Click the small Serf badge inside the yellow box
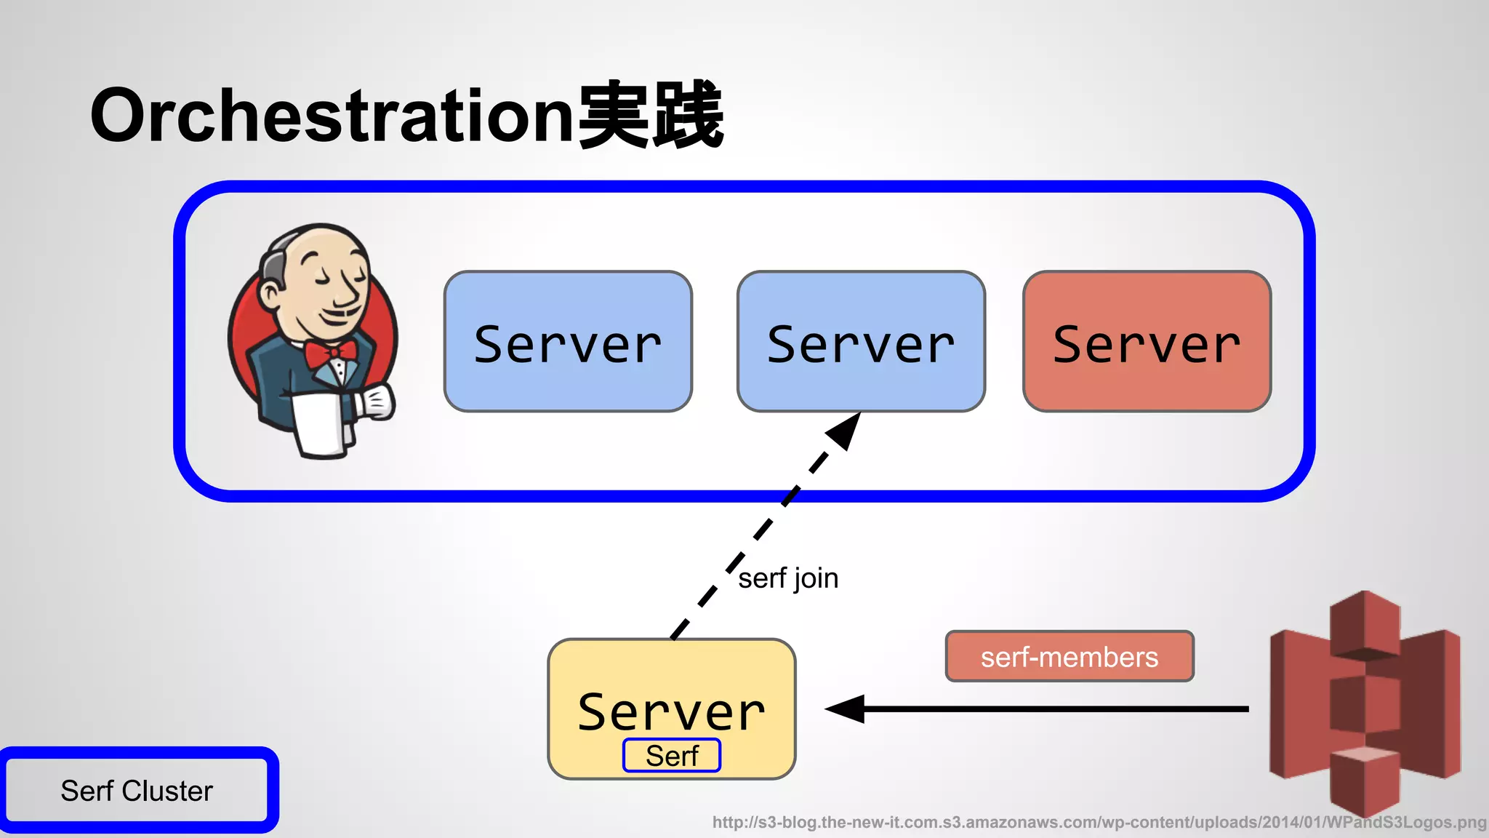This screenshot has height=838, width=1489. click(x=672, y=756)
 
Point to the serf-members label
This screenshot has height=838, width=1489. click(x=1069, y=657)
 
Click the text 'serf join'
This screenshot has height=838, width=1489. click(x=788, y=579)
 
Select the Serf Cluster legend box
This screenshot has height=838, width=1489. click(x=138, y=791)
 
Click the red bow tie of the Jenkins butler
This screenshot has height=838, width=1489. click(x=331, y=354)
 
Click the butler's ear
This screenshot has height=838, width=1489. click(x=270, y=295)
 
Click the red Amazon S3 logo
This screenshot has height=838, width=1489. click(x=1365, y=702)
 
